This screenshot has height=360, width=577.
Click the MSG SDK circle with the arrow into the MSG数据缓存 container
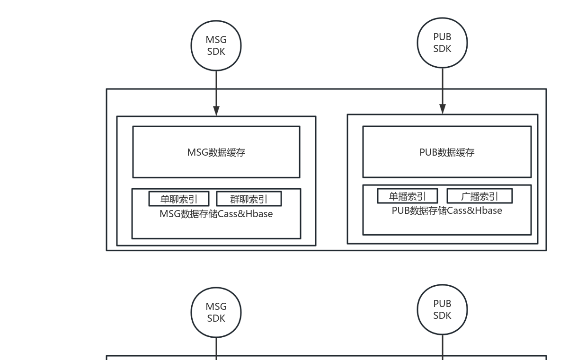tap(216, 46)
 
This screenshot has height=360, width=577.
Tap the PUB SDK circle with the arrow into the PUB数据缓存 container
tap(442, 43)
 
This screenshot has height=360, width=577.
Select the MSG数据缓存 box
tap(216, 152)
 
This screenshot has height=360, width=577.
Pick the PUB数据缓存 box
tap(447, 152)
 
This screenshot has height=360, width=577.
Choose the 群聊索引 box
tap(249, 199)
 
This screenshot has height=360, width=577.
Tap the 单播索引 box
tap(407, 196)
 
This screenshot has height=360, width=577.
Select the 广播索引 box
tap(479, 196)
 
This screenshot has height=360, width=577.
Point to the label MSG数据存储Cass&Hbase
tap(216, 214)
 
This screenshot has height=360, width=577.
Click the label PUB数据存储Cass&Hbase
tap(447, 211)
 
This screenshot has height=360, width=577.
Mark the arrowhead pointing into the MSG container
tap(216, 111)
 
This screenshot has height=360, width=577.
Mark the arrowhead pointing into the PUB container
tap(443, 109)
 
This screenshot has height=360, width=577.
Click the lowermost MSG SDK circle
tap(216, 312)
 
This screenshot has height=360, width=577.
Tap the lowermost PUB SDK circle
tap(442, 309)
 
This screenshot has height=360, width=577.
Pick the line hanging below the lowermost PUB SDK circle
tap(443, 345)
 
